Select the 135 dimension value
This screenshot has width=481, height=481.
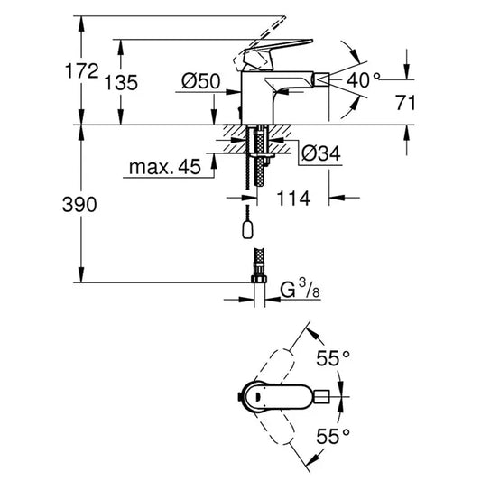(122, 82)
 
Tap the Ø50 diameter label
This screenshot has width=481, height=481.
(200, 81)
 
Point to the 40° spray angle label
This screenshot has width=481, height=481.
(365, 79)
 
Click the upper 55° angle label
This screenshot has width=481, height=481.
(332, 359)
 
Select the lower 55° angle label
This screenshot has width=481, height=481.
(332, 438)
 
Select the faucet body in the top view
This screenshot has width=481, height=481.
(271, 396)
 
